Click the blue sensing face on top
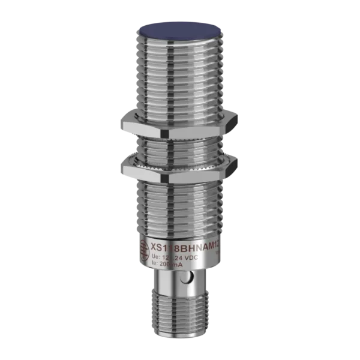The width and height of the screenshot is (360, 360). [x=180, y=29]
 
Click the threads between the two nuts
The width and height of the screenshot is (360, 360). [x=180, y=144]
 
